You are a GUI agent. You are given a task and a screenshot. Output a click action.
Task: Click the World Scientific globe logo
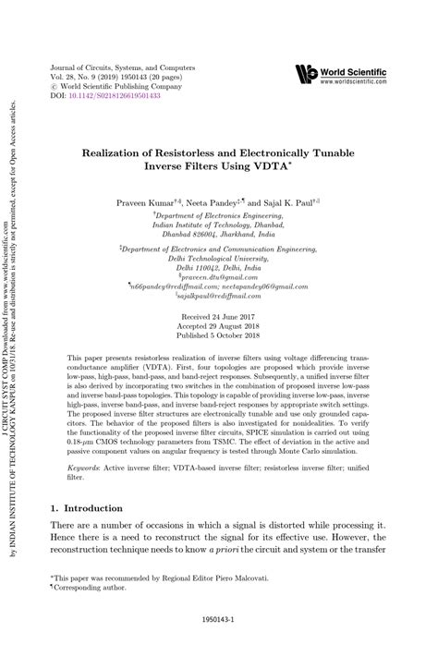307,74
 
